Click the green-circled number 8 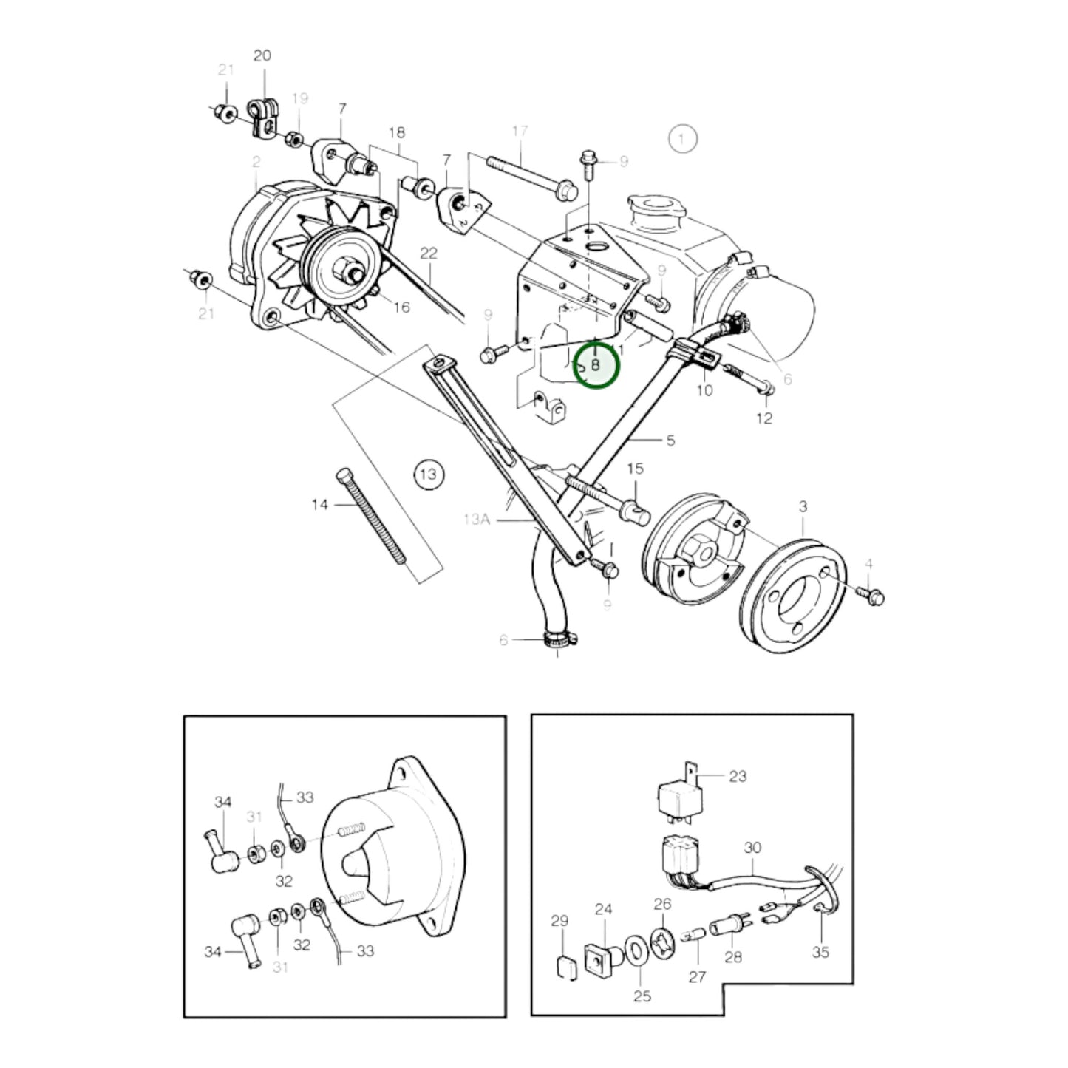point(596,365)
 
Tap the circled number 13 point(429,473)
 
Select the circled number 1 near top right point(682,138)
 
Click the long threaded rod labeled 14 point(373,517)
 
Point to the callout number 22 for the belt point(429,254)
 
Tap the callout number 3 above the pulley point(803,507)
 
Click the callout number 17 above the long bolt point(520,132)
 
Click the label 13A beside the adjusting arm point(477,520)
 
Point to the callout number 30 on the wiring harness point(752,848)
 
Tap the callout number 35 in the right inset point(820,953)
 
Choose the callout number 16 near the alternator point(401,307)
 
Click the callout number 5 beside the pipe point(670,441)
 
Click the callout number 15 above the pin point(635,469)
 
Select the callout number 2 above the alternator point(256,162)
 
